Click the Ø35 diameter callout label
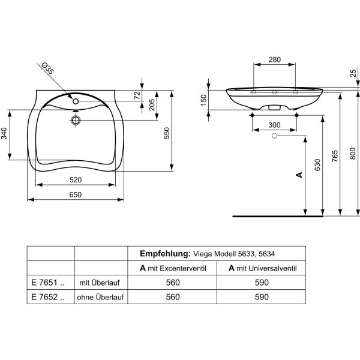pos(48,68)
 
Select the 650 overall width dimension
pos(76,194)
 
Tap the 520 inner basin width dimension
pos(76,180)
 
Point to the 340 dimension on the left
pos(4,133)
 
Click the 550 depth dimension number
pos(167,133)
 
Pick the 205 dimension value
pos(152,104)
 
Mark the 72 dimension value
pos(137,95)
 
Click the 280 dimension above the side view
pos(275,59)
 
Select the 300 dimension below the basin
pos(274,125)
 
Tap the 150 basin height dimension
pos(203,100)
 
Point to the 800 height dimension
pos(353,154)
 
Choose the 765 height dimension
pos(335,156)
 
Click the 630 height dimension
pos(317,165)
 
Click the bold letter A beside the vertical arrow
pos(299,175)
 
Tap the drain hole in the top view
pos(76,120)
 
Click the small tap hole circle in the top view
pos(76,101)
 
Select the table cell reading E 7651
pos(48,283)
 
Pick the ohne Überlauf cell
pos(101,297)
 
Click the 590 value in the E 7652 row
pos(262,297)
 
